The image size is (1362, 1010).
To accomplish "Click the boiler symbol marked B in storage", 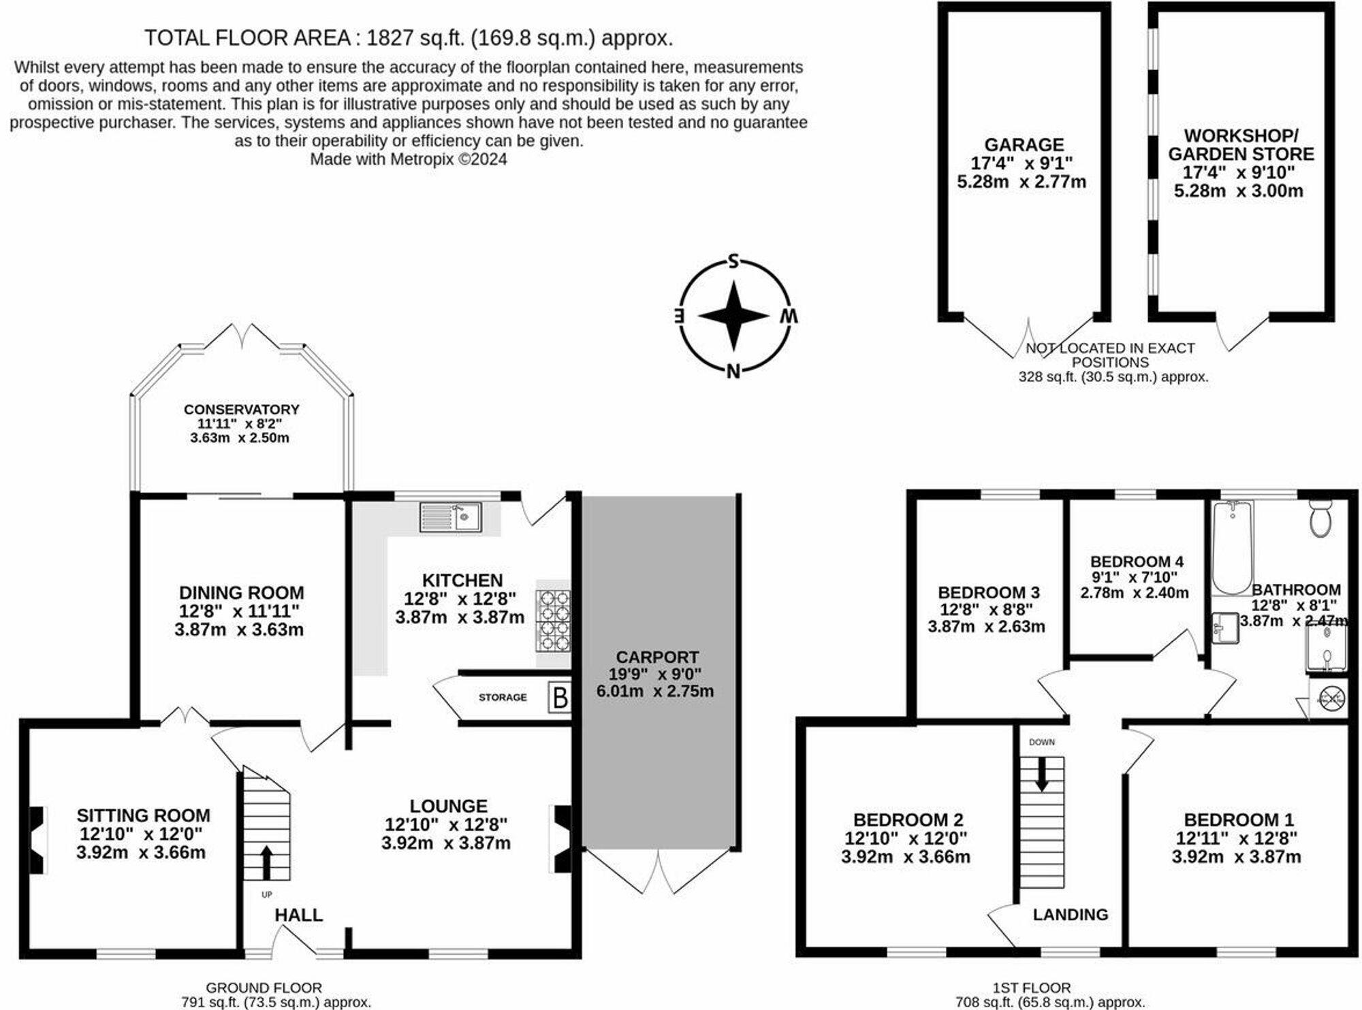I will click(559, 698).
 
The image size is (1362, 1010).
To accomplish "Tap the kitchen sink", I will click(451, 517).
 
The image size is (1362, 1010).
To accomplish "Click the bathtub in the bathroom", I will click(1233, 548).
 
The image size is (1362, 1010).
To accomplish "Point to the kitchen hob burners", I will click(553, 621).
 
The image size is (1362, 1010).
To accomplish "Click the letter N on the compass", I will click(733, 371).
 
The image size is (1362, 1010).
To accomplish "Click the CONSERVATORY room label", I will click(241, 409).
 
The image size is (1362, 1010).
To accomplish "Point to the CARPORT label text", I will click(657, 657).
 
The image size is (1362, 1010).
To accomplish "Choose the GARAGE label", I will click(1024, 144).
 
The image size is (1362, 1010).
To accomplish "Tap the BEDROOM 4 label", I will click(1137, 561).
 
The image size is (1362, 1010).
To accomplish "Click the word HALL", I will click(298, 915).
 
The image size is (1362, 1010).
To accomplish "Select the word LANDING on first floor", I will click(1070, 915).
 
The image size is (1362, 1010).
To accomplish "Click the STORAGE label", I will click(502, 698).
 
